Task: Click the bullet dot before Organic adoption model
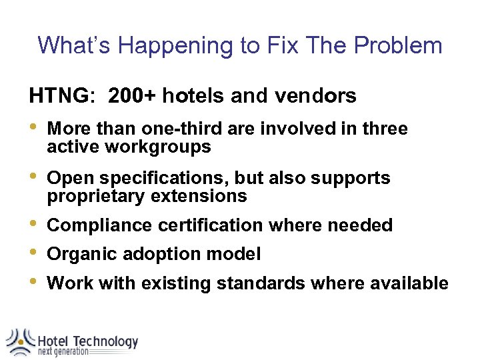point(34,253)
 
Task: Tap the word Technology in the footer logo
point(105,342)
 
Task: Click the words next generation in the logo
point(63,352)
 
